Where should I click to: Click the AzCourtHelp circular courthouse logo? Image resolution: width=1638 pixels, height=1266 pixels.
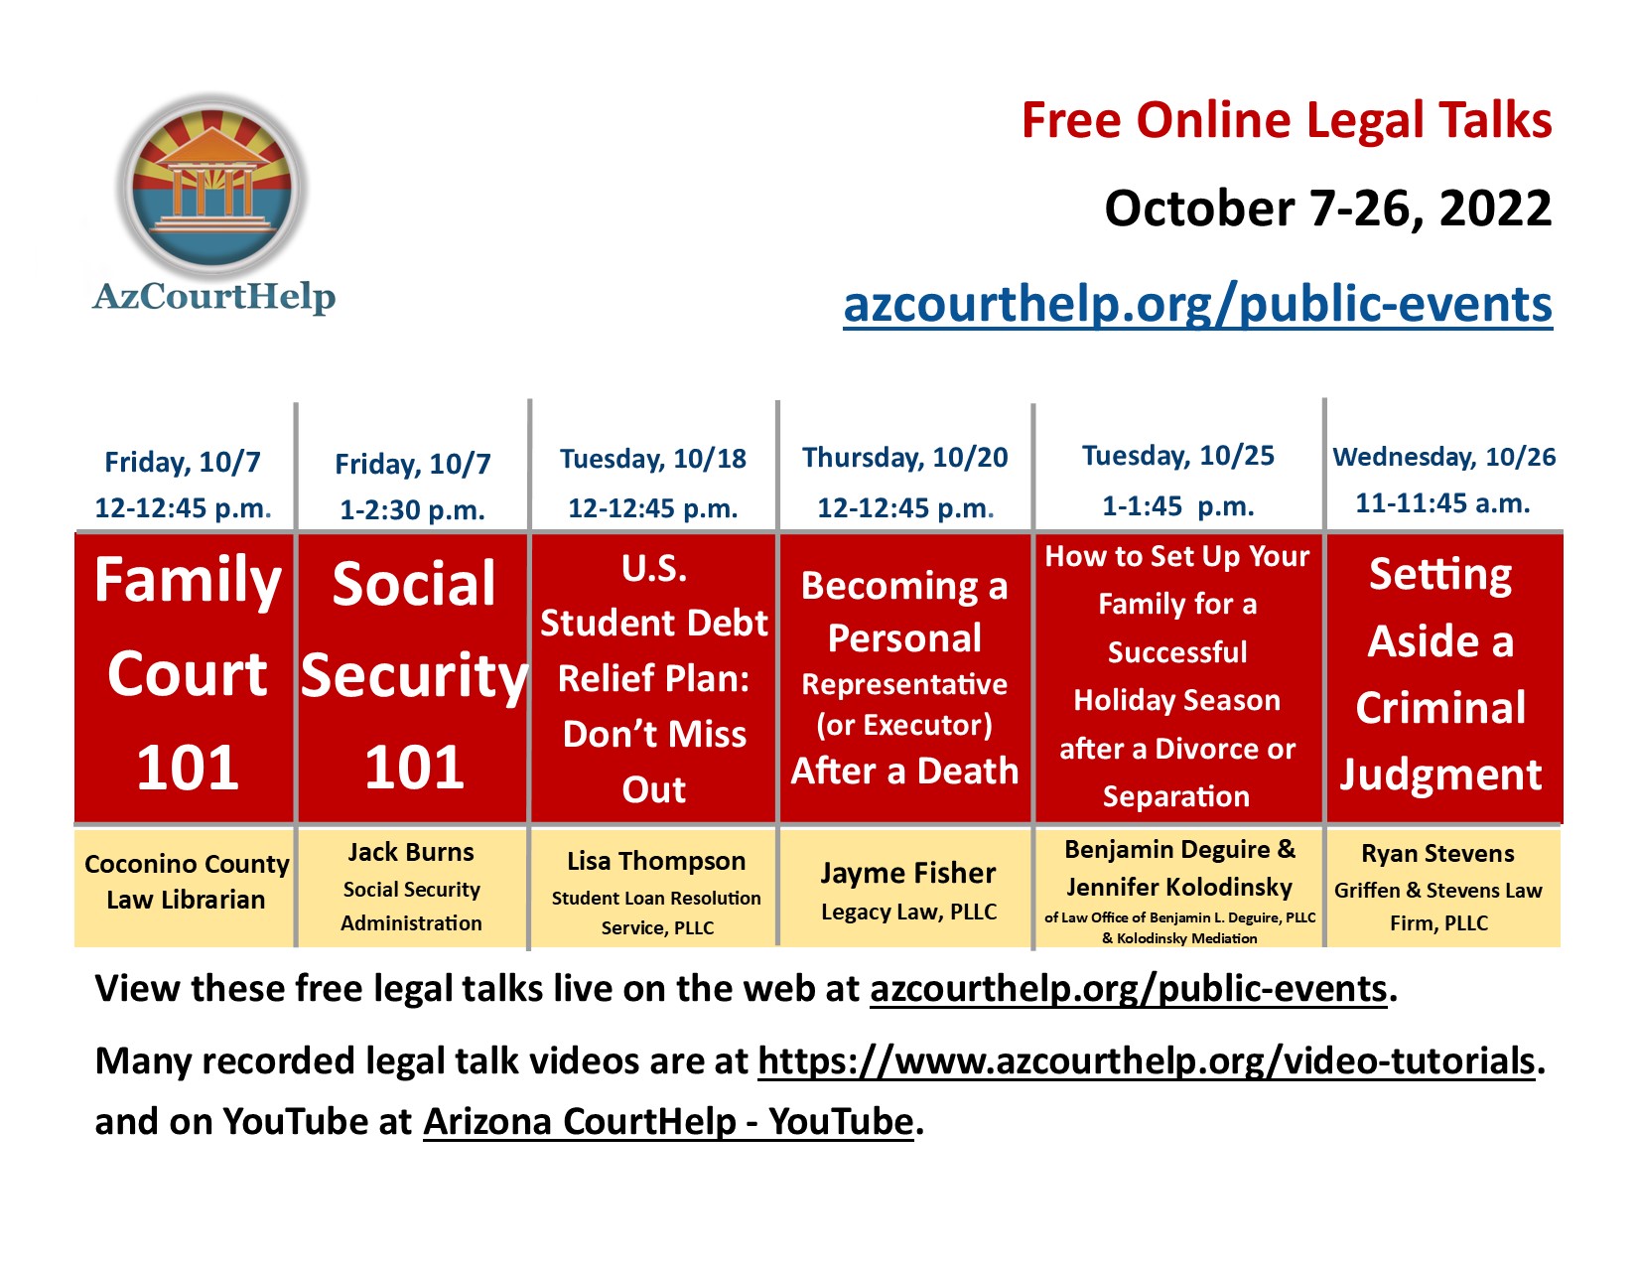click(x=213, y=186)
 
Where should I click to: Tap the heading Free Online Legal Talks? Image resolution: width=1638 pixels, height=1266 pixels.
click(x=1286, y=121)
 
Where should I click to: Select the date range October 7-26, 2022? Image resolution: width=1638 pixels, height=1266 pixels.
click(x=1327, y=209)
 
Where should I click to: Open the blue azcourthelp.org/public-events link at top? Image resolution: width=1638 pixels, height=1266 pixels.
click(x=1197, y=304)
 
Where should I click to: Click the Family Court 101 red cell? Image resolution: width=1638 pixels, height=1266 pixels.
click(x=185, y=677)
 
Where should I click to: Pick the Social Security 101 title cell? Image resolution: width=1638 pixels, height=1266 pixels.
click(x=413, y=677)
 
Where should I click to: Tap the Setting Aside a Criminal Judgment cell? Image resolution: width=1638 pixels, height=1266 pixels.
click(x=1442, y=677)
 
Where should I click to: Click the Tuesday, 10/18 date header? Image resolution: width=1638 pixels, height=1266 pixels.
click(x=653, y=459)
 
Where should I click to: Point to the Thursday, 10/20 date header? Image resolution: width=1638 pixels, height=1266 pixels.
click(x=904, y=457)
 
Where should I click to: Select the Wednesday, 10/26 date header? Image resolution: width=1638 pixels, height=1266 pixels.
click(x=1443, y=456)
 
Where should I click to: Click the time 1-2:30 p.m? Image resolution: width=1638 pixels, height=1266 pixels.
click(x=412, y=510)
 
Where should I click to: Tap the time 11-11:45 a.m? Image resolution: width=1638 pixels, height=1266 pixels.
click(x=1442, y=503)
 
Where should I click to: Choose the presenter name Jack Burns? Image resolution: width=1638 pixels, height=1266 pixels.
click(x=411, y=852)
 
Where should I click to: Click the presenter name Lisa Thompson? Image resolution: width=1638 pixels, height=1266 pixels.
click(x=656, y=861)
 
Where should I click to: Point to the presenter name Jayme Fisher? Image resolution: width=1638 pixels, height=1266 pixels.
click(x=908, y=873)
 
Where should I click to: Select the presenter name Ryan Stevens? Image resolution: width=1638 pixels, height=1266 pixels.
click(x=1437, y=854)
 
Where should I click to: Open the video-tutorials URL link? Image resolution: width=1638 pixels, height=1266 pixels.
click(x=1147, y=1060)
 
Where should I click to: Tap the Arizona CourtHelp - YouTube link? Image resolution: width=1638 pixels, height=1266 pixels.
click(x=668, y=1122)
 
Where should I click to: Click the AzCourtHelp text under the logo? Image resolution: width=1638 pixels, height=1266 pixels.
click(x=214, y=297)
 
